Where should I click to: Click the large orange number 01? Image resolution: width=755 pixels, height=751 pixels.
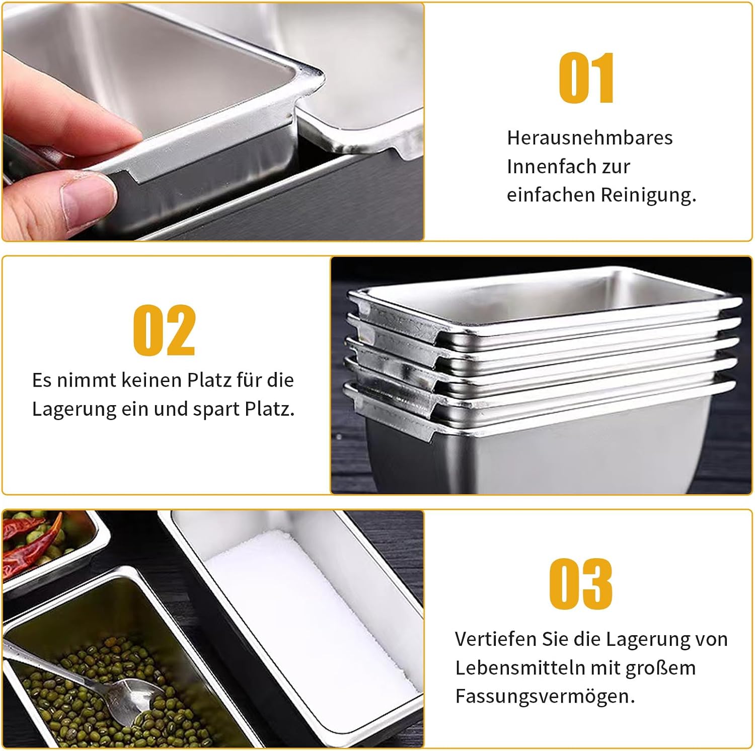coord(587,78)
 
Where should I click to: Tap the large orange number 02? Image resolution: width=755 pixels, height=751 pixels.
coord(164,330)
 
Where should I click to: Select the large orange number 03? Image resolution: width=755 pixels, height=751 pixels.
coord(581,584)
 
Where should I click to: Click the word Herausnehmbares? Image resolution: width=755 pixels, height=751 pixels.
coord(589,138)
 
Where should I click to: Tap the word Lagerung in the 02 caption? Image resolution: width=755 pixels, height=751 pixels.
coord(74,410)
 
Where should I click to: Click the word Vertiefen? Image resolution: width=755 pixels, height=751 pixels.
coord(496,639)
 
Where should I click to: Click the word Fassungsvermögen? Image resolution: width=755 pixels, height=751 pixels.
coord(545,698)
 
